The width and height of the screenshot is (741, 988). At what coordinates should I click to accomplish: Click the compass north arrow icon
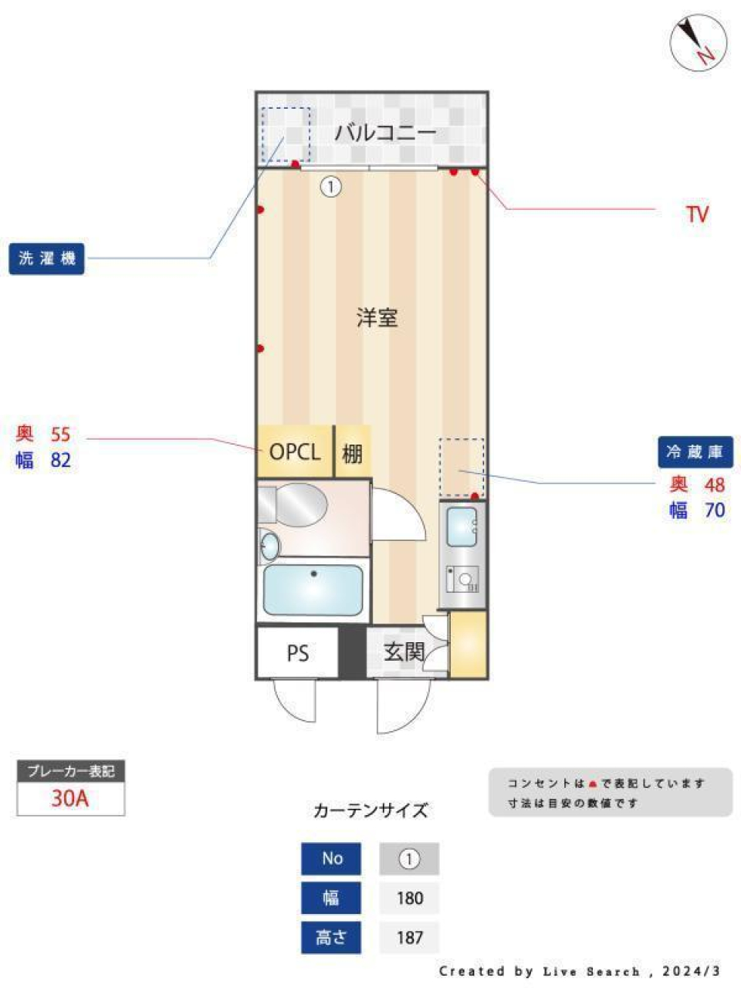point(698,42)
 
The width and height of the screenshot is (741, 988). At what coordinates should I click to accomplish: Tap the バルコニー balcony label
point(385,132)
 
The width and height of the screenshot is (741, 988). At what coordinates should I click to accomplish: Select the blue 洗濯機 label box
point(46,259)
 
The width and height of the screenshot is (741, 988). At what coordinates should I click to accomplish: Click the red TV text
point(697,214)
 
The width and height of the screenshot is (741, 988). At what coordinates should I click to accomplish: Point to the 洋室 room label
point(377,317)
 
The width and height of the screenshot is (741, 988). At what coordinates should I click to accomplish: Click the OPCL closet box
point(294,452)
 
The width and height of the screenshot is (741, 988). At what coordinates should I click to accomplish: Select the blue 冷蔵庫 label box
point(695,452)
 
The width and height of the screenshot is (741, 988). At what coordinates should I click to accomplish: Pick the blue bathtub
point(313,590)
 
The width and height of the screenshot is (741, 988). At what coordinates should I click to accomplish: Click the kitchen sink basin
point(462,528)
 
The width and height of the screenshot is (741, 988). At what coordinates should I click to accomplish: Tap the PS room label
point(297,654)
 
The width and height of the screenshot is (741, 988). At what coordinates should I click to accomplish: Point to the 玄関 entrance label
point(403,652)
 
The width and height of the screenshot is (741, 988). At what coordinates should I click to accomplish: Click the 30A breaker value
point(70,798)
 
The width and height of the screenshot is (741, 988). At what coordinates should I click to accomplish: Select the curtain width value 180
point(409,898)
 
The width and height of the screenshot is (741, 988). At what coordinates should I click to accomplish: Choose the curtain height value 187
point(409,937)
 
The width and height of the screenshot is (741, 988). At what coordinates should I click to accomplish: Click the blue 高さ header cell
point(331,937)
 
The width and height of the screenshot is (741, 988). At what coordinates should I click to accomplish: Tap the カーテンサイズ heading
point(370,810)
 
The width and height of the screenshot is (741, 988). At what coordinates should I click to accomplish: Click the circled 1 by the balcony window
point(330,186)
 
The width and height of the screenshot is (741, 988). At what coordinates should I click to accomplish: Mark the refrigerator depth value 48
point(714,485)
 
